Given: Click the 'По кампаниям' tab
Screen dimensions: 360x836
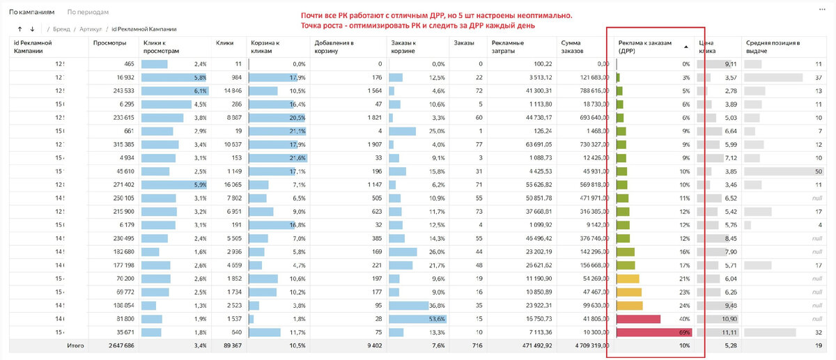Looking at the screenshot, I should click(32, 13).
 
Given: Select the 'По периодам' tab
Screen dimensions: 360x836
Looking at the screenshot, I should click(88, 13).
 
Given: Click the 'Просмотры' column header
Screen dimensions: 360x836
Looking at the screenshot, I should click(109, 43).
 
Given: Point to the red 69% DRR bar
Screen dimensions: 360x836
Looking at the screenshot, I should click(647, 332).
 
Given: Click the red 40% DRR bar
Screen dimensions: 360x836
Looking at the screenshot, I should click(639, 319).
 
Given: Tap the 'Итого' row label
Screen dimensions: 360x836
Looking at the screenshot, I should click(75, 345).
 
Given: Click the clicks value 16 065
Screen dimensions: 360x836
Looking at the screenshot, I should click(229, 185).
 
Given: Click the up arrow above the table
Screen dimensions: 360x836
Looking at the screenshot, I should click(20, 29).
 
